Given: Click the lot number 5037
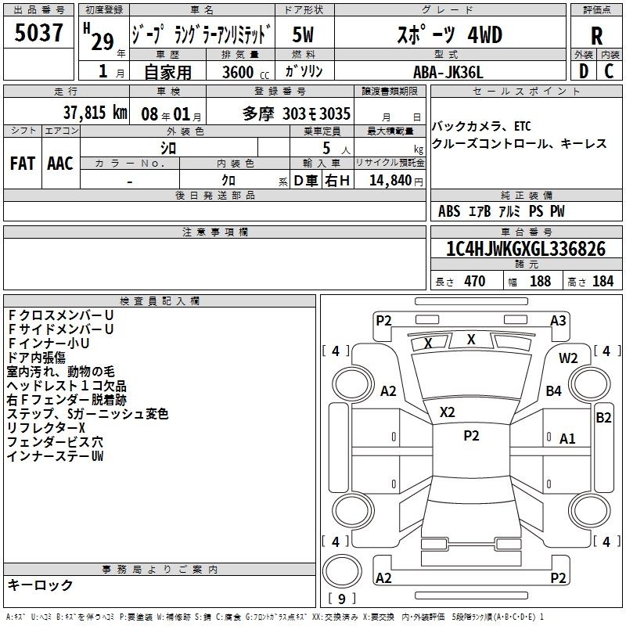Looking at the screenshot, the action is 38,33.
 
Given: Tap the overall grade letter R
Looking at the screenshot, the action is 596,36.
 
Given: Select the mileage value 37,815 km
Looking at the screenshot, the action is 95,113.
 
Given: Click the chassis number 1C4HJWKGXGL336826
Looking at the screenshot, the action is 526,248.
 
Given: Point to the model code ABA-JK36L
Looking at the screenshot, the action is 448,72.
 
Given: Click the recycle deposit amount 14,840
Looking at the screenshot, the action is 390,181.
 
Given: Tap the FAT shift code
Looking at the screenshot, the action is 23,164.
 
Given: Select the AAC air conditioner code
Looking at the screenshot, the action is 60,164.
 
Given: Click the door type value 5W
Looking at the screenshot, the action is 303,34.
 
